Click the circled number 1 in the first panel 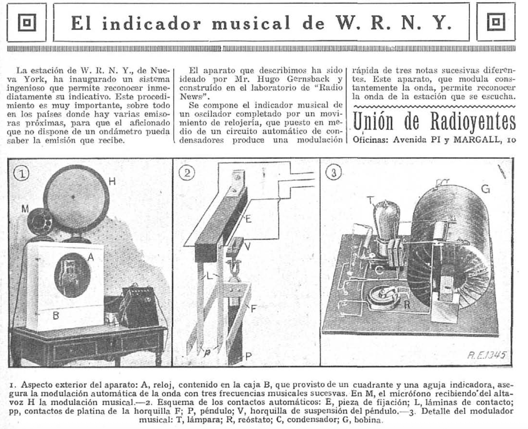[x=21, y=174]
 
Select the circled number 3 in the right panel [x=334, y=173]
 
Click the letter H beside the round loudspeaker [x=112, y=181]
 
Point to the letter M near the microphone [x=25, y=209]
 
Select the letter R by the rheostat [x=406, y=305]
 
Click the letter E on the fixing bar [x=248, y=218]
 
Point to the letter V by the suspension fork [x=247, y=247]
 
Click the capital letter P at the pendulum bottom [x=248, y=357]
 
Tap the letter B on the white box [x=56, y=315]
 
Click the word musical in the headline [x=251, y=23]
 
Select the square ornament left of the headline [x=27, y=22]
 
